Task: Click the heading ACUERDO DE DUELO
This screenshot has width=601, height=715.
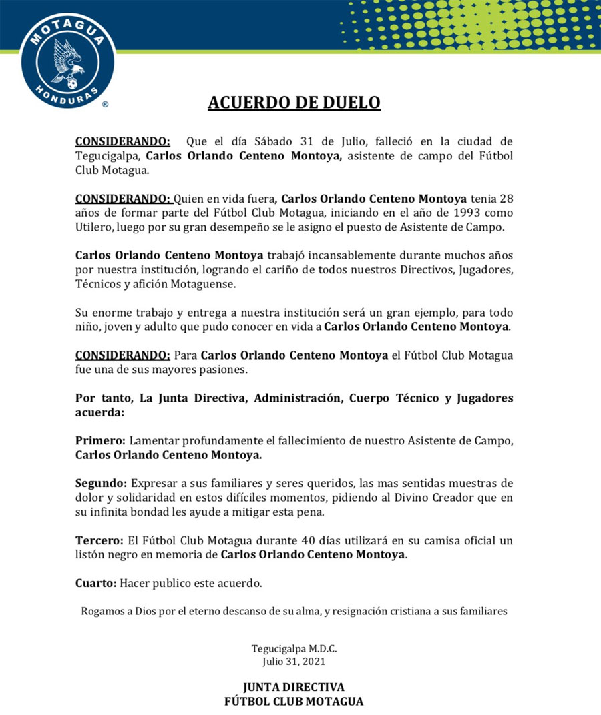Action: (x=294, y=103)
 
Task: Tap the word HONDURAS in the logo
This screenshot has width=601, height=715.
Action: (x=67, y=89)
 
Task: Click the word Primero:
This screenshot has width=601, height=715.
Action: (x=100, y=441)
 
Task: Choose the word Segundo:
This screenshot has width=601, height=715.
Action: (x=102, y=483)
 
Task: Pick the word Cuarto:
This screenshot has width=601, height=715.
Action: (x=95, y=583)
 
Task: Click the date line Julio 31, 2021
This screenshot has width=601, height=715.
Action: (x=294, y=661)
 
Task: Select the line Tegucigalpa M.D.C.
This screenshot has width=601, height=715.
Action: (x=294, y=648)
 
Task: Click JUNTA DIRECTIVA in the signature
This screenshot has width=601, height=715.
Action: (x=294, y=687)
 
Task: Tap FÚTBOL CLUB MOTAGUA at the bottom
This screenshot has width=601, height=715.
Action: (x=294, y=701)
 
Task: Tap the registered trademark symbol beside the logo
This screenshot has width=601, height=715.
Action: (x=104, y=105)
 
